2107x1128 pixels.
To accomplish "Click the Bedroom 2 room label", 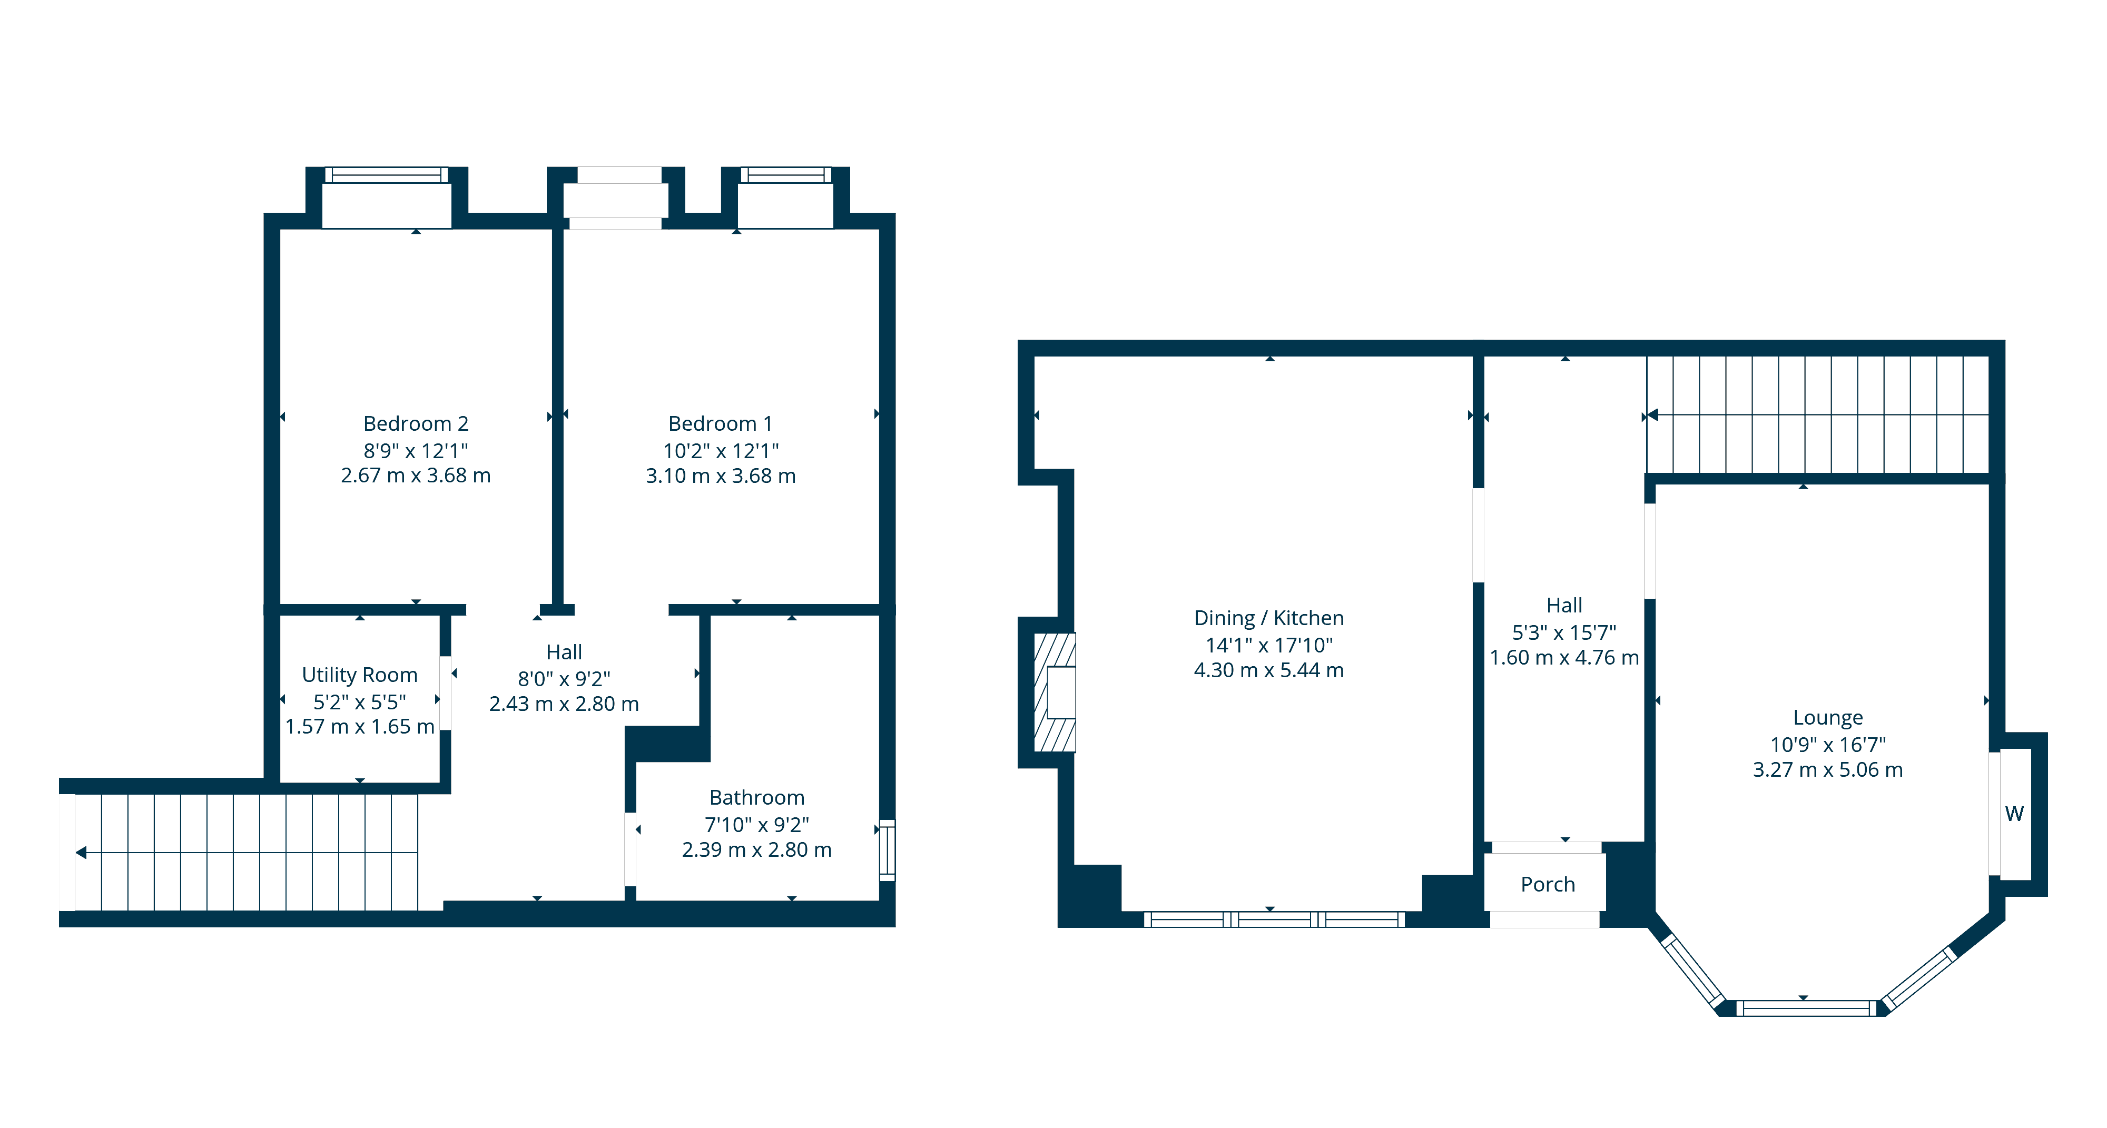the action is point(416,424).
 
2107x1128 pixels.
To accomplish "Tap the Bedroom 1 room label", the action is point(720,424).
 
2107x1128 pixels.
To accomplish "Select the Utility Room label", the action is point(359,675).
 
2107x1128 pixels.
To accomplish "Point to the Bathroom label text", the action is point(756,797).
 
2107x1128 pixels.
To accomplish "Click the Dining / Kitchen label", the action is point(1268,618).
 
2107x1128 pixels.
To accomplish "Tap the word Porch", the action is point(1548,884).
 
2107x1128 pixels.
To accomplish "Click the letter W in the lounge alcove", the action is point(2014,814).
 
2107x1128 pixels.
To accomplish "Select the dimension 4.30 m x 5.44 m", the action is point(1268,670).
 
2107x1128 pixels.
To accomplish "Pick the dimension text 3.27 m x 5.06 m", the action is point(1827,770).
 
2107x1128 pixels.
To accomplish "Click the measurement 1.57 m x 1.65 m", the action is point(359,726).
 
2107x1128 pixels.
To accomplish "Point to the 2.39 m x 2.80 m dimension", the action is point(756,850).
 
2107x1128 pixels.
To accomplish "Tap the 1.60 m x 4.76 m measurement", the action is point(1564,658).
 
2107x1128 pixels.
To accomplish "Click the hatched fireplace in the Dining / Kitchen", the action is point(1055,692).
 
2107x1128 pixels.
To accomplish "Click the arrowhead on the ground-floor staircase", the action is point(1652,415).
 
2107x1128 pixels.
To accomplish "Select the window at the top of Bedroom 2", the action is point(386,175).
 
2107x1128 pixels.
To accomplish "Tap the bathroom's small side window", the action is point(888,850).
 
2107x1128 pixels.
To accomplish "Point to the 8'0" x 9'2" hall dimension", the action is point(564,679).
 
